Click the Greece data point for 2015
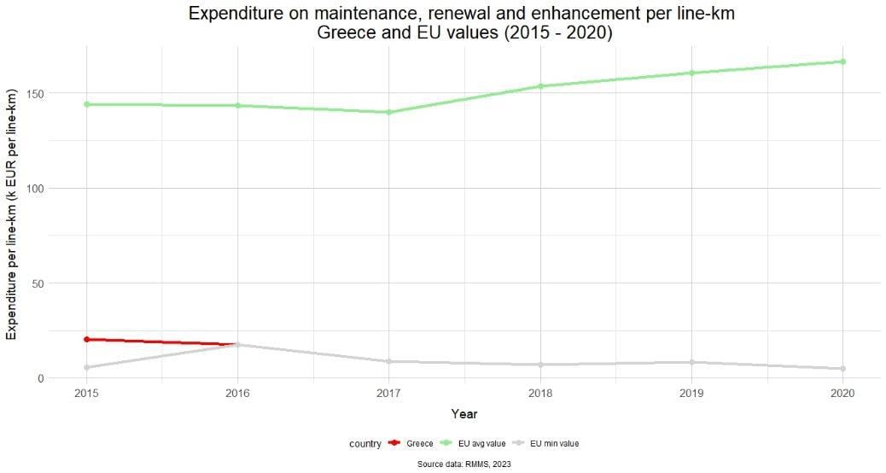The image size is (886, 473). [x=86, y=339]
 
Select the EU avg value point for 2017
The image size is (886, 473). [x=388, y=112]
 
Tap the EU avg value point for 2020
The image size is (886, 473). [x=842, y=61]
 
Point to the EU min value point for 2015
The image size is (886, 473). [x=86, y=368]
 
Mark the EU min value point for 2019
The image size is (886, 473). [x=691, y=362]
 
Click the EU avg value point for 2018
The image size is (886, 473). [x=540, y=86]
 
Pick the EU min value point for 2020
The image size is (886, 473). [x=842, y=369]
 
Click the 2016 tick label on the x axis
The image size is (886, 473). [x=237, y=394]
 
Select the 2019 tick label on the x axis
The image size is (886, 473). [x=691, y=394]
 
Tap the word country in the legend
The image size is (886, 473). [x=364, y=443]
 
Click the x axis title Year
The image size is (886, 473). [x=464, y=414]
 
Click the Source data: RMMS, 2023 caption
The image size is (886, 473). [x=464, y=464]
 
